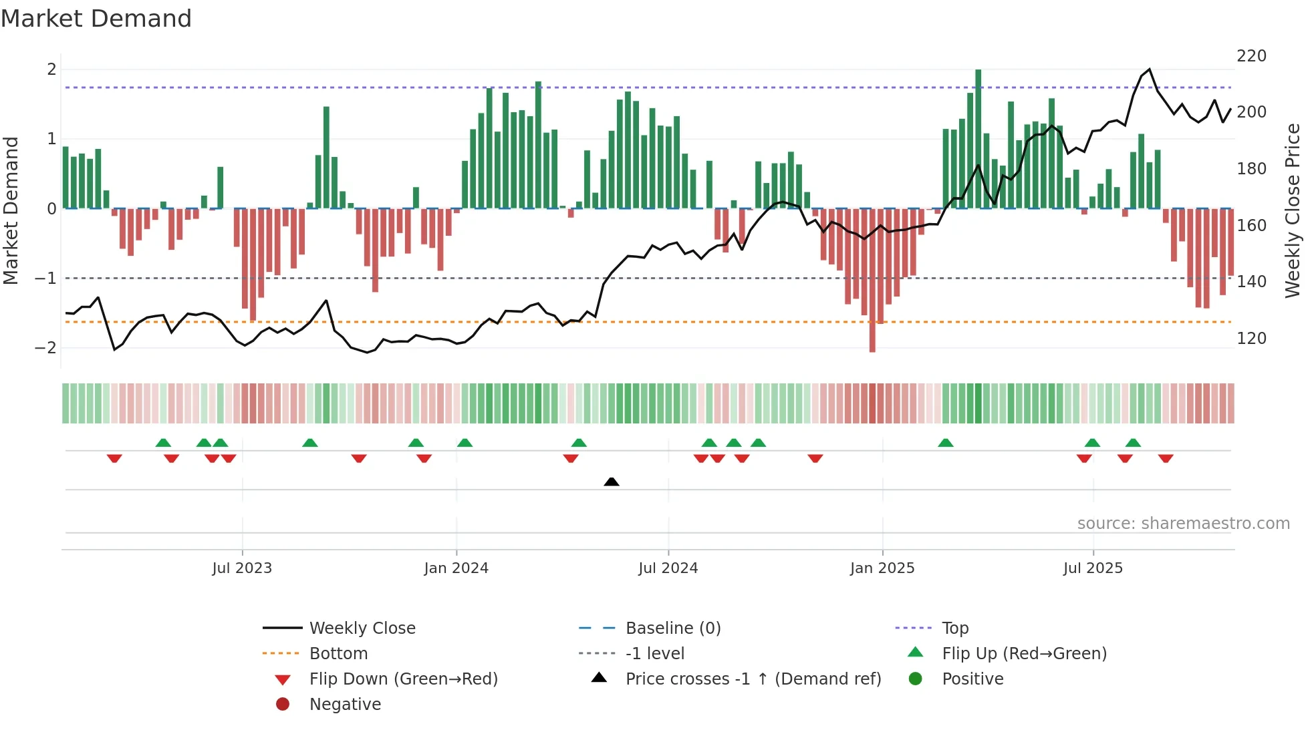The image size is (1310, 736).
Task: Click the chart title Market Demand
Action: tap(96, 19)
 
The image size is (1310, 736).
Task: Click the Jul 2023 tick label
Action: tap(242, 568)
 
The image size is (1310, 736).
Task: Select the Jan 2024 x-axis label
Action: tap(456, 568)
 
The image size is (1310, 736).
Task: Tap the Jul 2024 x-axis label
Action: tap(668, 568)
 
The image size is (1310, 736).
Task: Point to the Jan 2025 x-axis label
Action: tap(882, 568)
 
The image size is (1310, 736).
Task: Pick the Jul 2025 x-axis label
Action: tap(1093, 568)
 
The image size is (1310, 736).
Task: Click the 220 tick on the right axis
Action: tap(1251, 56)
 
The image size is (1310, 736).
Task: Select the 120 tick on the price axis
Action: tap(1251, 339)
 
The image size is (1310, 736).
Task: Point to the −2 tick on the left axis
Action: tap(45, 348)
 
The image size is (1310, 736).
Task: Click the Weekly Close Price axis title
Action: tap(1293, 210)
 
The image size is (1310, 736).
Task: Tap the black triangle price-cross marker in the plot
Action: tap(612, 482)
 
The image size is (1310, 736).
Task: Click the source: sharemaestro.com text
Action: tap(1183, 524)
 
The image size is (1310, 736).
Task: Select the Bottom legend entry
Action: tap(338, 654)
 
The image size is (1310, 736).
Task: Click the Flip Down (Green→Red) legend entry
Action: tap(403, 679)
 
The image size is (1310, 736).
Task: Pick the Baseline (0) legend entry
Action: tap(673, 628)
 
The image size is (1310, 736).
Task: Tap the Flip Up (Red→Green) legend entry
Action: tap(1024, 654)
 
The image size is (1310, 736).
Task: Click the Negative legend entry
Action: tap(345, 705)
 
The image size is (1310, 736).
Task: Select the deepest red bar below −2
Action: tap(872, 281)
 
